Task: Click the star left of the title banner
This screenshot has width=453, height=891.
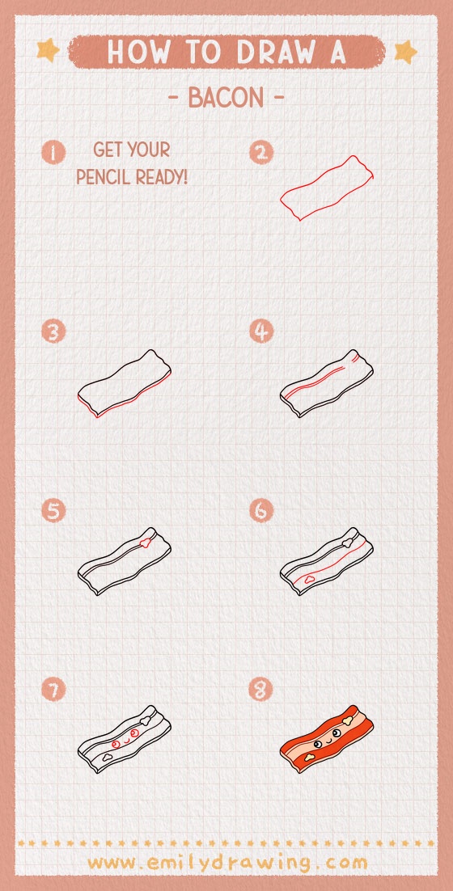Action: point(49,51)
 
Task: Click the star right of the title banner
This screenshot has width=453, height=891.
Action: point(404,52)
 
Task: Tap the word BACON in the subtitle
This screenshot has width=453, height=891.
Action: point(226,98)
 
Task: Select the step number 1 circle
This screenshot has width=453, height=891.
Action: point(53,152)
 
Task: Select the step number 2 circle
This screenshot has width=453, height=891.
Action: point(261,152)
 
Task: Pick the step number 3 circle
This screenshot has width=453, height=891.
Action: point(53,331)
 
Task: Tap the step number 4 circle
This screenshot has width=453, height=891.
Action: point(261,331)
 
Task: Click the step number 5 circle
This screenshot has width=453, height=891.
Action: point(53,511)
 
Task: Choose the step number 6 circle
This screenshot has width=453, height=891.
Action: point(261,511)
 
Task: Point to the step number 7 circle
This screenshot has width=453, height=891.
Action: point(53,690)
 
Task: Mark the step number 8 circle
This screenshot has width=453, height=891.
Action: point(261,690)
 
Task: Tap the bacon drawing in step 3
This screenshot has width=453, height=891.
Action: point(124,383)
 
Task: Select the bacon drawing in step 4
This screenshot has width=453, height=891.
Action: point(328,383)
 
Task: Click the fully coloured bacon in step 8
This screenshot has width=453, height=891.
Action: point(328,741)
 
